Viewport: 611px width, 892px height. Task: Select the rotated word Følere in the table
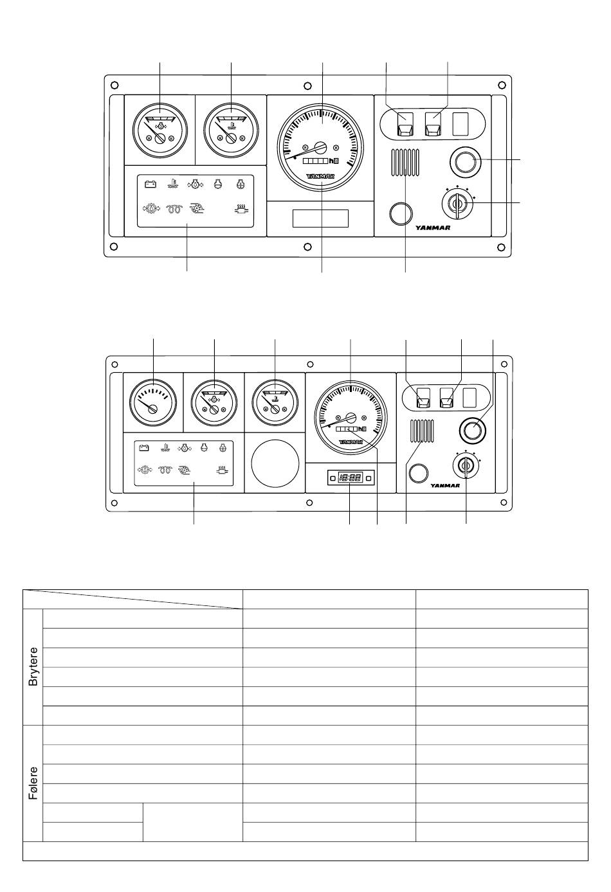[33, 783]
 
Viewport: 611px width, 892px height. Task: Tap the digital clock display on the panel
[351, 477]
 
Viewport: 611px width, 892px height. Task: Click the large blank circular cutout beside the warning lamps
[275, 463]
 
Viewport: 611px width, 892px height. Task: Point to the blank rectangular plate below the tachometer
[320, 219]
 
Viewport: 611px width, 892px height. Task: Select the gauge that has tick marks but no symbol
[153, 402]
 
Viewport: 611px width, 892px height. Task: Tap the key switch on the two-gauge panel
[457, 204]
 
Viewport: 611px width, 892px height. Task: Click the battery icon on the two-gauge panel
[150, 184]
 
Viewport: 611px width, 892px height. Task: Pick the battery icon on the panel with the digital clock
[143, 448]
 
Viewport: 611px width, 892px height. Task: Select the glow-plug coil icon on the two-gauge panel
[174, 209]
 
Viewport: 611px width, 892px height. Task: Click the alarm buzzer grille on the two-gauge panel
[405, 163]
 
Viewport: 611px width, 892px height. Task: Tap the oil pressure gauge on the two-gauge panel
[160, 130]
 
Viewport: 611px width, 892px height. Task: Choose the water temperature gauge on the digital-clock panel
[275, 402]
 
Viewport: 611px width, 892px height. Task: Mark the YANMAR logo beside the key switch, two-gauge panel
[433, 227]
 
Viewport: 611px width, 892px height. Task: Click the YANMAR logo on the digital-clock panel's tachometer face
[351, 442]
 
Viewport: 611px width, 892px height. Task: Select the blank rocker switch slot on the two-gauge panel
[461, 124]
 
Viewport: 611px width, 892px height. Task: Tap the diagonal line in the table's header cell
[132, 599]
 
